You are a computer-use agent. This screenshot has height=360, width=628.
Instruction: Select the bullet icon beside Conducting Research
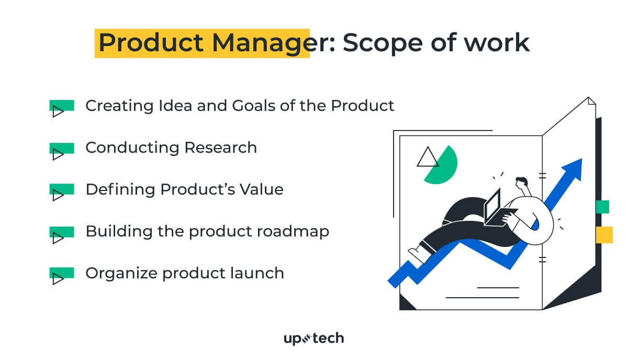[61, 150]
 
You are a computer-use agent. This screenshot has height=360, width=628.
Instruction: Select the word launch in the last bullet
[259, 273]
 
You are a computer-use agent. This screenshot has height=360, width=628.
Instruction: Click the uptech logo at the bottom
[313, 339]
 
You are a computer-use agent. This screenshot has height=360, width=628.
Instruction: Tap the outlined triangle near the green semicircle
[428, 157]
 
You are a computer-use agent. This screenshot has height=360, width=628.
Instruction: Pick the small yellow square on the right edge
[604, 235]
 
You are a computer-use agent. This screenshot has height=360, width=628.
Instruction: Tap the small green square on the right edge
[602, 207]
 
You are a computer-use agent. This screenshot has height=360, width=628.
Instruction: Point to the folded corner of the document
[591, 101]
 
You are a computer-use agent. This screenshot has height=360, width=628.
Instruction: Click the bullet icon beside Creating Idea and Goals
[61, 108]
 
